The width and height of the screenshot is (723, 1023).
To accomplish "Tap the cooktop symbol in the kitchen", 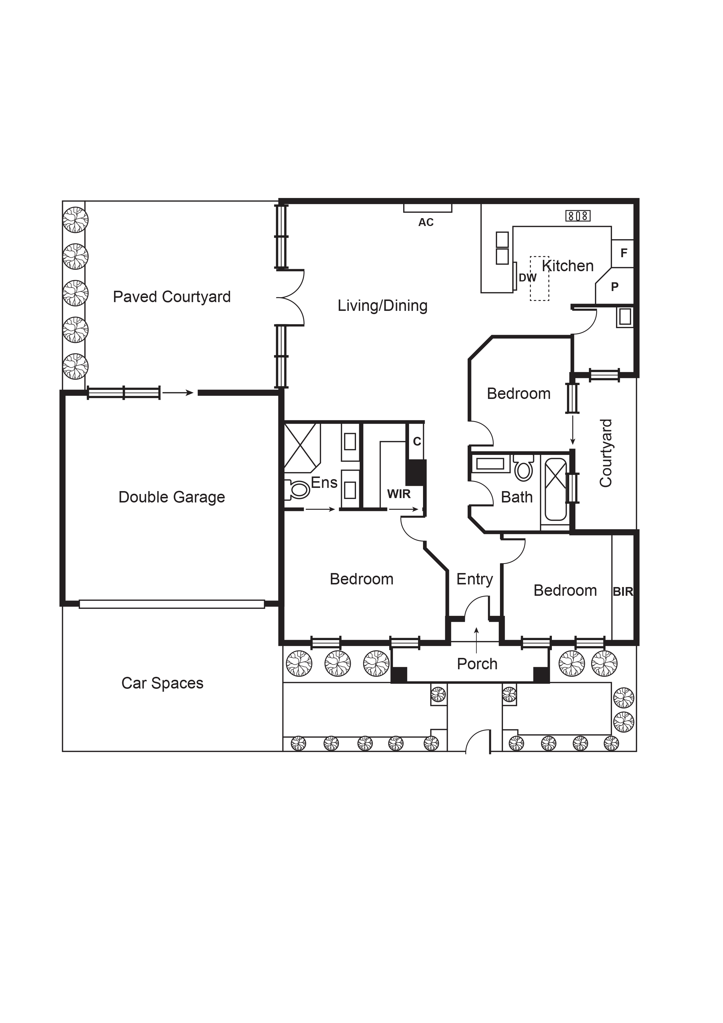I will coord(578,216).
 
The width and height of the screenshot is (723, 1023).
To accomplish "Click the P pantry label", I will coord(615,287).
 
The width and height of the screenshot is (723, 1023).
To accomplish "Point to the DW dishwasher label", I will coord(527,278).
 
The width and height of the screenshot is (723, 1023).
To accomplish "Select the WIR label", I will coord(399,494).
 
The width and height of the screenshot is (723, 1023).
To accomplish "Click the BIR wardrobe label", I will coord(623,592).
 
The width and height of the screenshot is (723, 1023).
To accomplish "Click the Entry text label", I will coord(474,579).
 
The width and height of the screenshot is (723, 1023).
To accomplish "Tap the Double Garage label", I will coord(171,497).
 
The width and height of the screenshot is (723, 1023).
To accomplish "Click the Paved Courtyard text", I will coord(171,297).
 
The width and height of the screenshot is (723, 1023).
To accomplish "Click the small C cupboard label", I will coord(417,441).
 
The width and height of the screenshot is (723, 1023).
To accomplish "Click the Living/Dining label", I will coord(382,306).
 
